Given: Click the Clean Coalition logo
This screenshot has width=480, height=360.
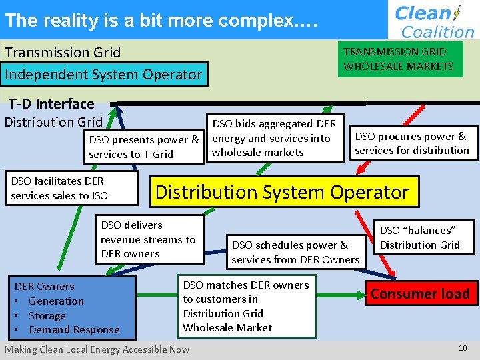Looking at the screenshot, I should [x=433, y=20].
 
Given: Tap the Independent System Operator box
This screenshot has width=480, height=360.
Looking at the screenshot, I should [x=103, y=74].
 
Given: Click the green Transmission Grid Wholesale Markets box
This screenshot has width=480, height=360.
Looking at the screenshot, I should [x=399, y=59].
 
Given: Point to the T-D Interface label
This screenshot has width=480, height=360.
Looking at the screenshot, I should [x=51, y=103].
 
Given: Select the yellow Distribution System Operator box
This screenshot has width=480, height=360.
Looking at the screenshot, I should [x=281, y=192].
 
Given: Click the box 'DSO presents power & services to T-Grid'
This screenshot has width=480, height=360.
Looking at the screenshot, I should [x=144, y=147].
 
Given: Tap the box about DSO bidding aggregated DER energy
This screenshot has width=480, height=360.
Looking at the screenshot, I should [x=275, y=137].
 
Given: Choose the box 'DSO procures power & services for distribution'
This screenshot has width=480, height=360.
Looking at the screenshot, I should [x=412, y=143].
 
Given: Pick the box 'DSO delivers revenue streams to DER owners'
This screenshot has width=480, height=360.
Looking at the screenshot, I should [x=148, y=239].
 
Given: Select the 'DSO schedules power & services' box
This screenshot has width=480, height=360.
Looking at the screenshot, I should [x=295, y=252].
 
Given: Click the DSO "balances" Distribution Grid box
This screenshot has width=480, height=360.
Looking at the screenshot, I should [x=420, y=237].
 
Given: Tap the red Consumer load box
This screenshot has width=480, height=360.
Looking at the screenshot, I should [x=420, y=293].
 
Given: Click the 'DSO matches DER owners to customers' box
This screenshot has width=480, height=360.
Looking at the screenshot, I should [x=246, y=306].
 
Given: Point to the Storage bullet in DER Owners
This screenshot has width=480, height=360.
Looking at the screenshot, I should [x=47, y=315].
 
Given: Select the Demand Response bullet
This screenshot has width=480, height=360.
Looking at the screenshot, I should [x=74, y=329].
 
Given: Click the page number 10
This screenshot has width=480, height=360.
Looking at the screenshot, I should [x=463, y=348].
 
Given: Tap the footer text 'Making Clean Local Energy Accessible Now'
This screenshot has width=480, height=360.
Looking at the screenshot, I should [x=97, y=349].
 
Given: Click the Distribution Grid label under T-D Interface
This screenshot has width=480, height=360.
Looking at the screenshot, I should [x=54, y=122].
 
